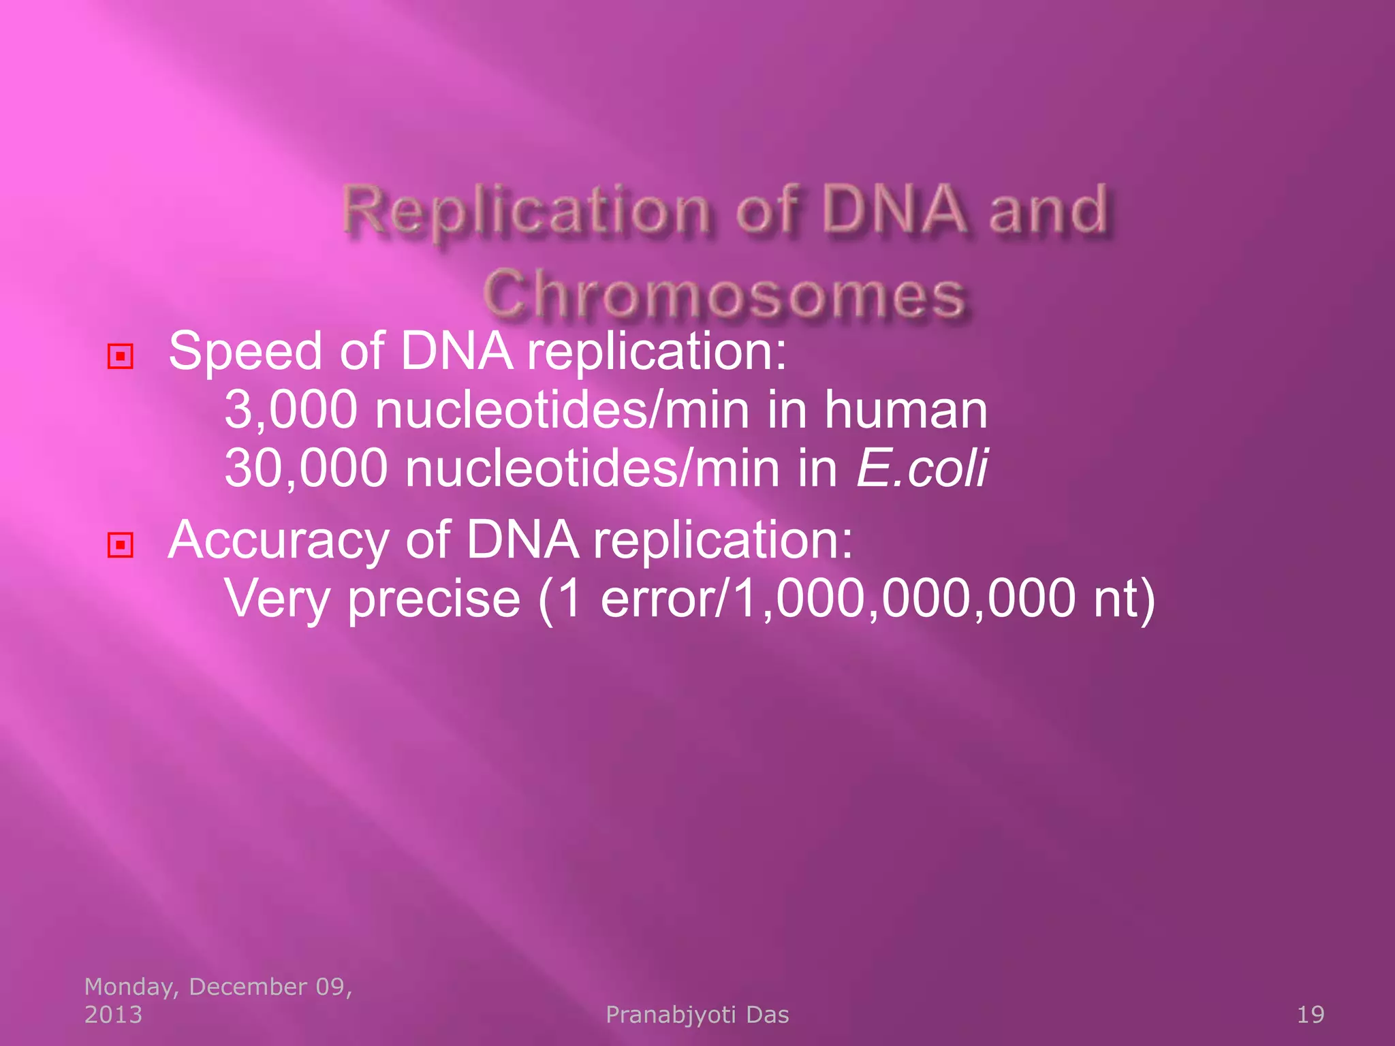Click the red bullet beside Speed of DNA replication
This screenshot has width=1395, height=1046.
(121, 356)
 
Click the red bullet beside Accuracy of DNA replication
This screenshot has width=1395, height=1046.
(121, 545)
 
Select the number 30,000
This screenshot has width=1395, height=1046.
(306, 469)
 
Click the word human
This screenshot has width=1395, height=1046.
(905, 410)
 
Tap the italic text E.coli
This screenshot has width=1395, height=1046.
(921, 469)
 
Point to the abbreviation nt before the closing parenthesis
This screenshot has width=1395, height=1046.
(1114, 599)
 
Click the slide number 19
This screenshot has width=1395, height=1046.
(1310, 1015)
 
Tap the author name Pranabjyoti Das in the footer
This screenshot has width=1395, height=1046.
(697, 1015)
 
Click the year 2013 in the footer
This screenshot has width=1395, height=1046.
(113, 1015)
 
